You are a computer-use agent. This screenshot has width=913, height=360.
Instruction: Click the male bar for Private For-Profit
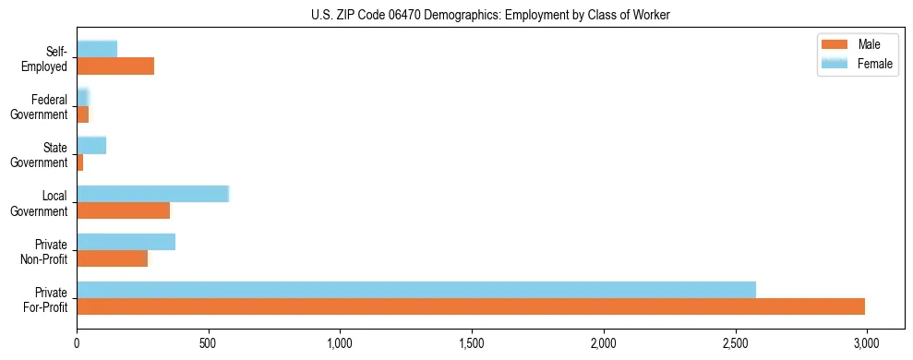pyautogui.click(x=471, y=307)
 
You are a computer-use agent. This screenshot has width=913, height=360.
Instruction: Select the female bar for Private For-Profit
pyautogui.click(x=416, y=290)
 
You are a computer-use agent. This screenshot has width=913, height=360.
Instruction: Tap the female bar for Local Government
pyautogui.click(x=152, y=194)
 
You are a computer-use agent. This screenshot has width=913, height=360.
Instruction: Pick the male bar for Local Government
pyautogui.click(x=124, y=210)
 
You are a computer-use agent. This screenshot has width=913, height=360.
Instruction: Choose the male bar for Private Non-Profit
pyautogui.click(x=112, y=258)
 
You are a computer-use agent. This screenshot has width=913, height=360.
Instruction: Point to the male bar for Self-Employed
pyautogui.click(x=115, y=66)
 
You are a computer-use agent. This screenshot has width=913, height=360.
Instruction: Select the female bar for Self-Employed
pyautogui.click(x=97, y=49)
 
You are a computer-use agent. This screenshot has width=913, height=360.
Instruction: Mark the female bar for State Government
pyautogui.click(x=91, y=145)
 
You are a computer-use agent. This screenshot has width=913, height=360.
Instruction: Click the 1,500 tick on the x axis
pyautogui.click(x=472, y=342)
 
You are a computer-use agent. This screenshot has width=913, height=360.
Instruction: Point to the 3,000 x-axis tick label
pyautogui.click(x=866, y=342)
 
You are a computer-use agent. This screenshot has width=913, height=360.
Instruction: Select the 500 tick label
pyautogui.click(x=209, y=342)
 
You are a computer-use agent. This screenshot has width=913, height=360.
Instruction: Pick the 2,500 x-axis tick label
pyautogui.click(x=735, y=342)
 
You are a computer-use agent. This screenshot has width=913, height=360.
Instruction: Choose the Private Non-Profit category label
pyautogui.click(x=44, y=251)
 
